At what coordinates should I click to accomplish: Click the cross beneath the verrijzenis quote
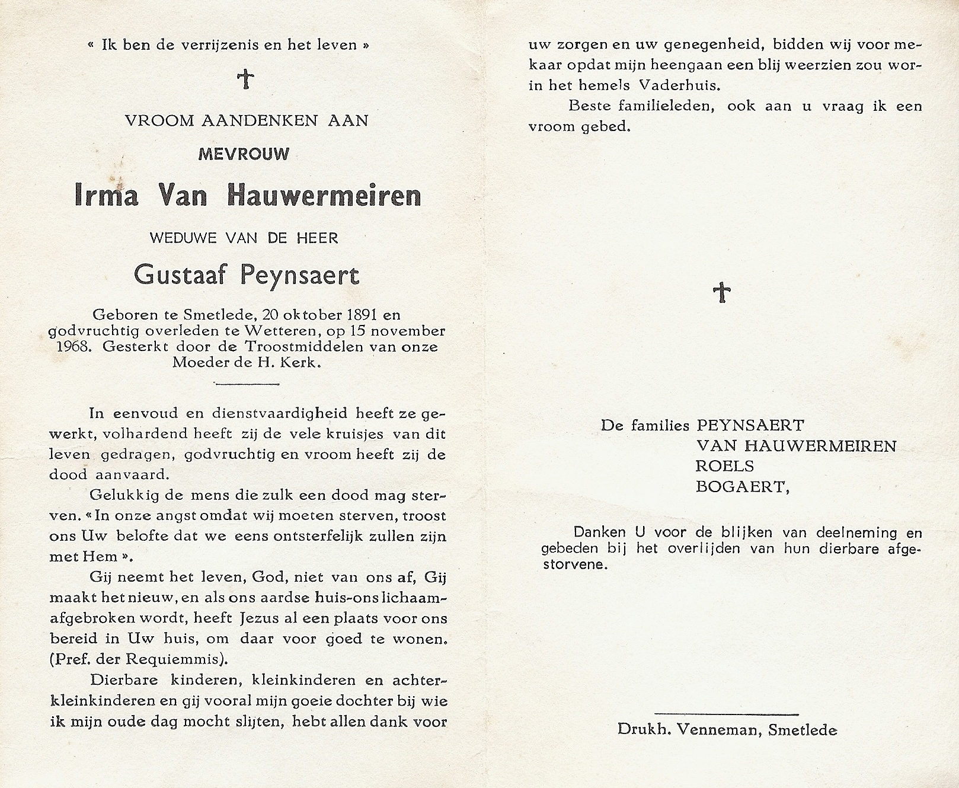[x=245, y=78]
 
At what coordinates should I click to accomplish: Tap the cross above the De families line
[x=721, y=292]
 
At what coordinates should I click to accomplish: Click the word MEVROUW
[x=244, y=155]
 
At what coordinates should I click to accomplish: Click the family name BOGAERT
[x=741, y=487]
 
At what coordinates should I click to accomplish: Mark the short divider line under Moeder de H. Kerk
[x=246, y=383]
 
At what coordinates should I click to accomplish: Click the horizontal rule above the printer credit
[x=727, y=713]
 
